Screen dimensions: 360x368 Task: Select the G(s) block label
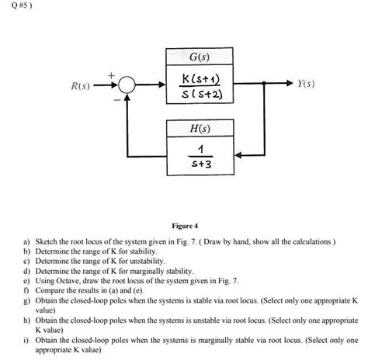point(204,57)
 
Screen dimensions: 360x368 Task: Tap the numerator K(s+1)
point(204,78)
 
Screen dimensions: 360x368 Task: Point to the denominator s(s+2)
point(204,95)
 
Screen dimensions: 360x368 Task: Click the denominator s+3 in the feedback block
point(204,164)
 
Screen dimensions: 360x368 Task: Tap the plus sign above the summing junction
point(110,74)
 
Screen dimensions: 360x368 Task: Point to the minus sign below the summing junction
point(117,99)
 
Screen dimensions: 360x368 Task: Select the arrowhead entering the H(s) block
point(247,154)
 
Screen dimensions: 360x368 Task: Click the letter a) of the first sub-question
point(25,242)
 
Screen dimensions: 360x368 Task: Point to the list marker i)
point(25,340)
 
